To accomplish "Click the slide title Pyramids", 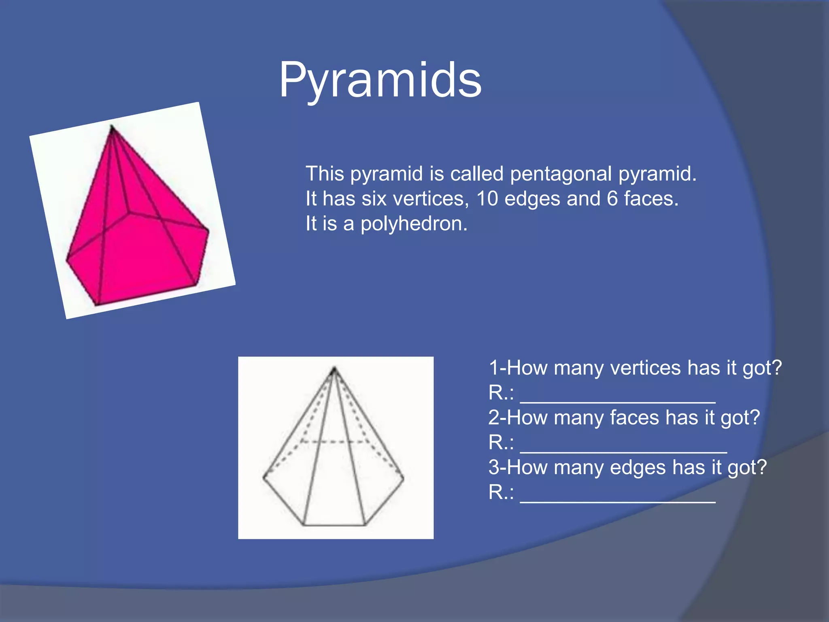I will pyautogui.click(x=380, y=80).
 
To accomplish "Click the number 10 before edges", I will pyautogui.click(x=487, y=199).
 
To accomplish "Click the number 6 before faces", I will pyautogui.click(x=612, y=199).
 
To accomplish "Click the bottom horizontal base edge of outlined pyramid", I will pyautogui.click(x=334, y=525).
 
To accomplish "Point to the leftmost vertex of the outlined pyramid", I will pyautogui.click(x=264, y=477).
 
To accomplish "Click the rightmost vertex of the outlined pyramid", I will pyautogui.click(x=404, y=478).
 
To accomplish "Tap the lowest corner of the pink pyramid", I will pyautogui.click(x=97, y=305).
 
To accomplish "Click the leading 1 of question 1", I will pyautogui.click(x=493, y=368).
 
